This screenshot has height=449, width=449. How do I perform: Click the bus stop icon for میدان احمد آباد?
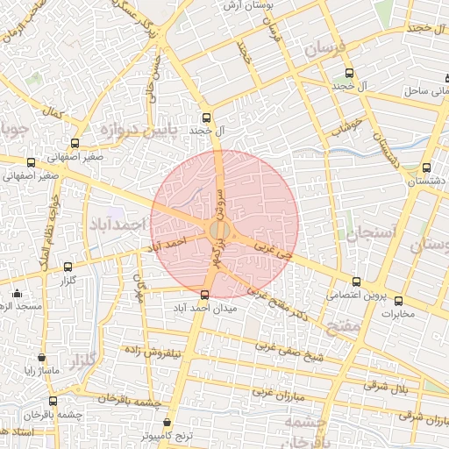[x=205, y=295]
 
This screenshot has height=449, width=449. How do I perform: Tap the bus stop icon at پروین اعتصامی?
[x=355, y=282]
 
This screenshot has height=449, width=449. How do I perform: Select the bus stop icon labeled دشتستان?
[x=426, y=167]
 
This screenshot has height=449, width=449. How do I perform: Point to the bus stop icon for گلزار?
[x=68, y=266]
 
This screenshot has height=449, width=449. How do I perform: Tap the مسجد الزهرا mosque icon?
[x=17, y=293]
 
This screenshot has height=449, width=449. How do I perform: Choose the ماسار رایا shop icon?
[x=41, y=358]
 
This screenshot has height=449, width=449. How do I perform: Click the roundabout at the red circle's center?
[x=219, y=230]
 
